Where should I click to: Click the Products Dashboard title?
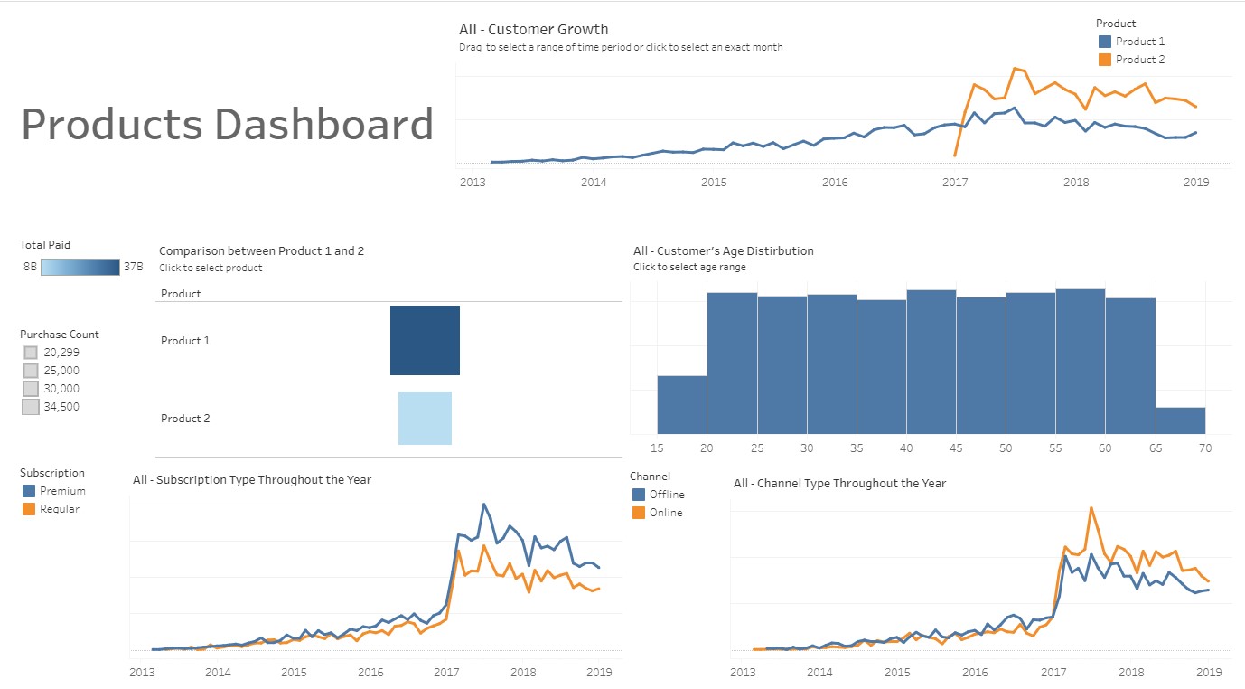pyautogui.click(x=227, y=124)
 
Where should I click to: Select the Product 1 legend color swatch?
pyautogui.click(x=1104, y=42)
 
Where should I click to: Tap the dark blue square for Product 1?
pyautogui.click(x=425, y=340)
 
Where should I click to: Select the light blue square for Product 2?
pyautogui.click(x=425, y=418)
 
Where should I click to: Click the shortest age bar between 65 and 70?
pyautogui.click(x=1180, y=420)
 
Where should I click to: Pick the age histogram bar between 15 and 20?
pyautogui.click(x=681, y=404)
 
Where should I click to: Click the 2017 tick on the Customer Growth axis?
pyautogui.click(x=955, y=182)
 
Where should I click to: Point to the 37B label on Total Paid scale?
pyautogui.click(x=133, y=267)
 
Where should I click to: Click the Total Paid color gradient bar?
pyautogui.click(x=80, y=267)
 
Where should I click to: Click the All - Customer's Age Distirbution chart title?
pyautogui.click(x=723, y=250)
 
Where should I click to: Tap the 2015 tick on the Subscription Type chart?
pyautogui.click(x=294, y=672)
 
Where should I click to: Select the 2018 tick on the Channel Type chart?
pyautogui.click(x=1131, y=672)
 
